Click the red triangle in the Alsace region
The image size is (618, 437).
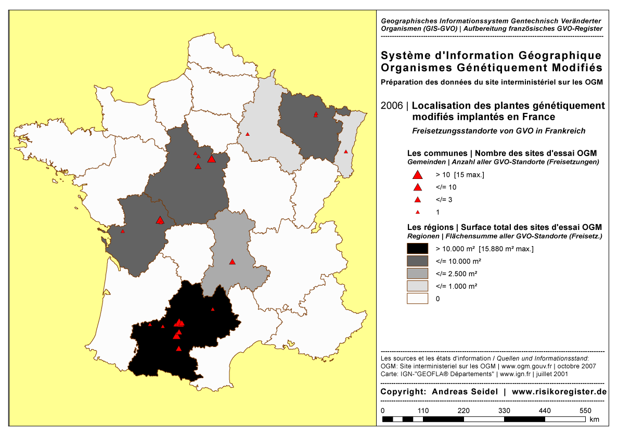346,151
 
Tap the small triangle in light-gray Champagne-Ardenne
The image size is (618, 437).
248,134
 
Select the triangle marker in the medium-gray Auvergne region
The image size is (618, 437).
233,261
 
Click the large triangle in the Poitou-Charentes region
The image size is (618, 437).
160,221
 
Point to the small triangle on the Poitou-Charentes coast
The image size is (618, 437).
123,231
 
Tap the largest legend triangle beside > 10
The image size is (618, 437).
417,175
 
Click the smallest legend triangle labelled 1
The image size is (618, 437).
417,212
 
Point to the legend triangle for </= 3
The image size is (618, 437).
417,200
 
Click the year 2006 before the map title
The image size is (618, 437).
392,106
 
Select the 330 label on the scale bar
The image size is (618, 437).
505,410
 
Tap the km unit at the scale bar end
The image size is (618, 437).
595,419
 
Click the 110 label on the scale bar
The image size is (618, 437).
423,410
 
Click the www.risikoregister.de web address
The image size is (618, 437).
559,391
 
